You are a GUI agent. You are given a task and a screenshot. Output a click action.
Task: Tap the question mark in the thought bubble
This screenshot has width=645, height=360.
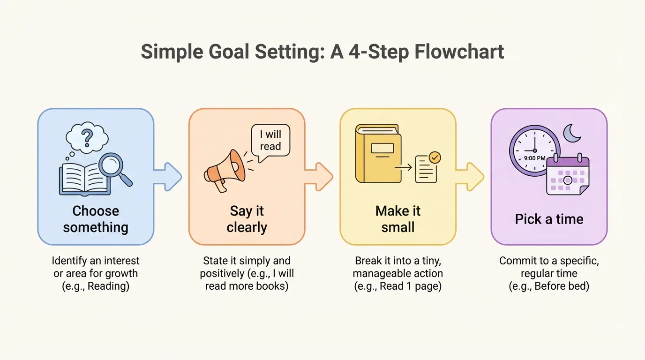coord(87,137)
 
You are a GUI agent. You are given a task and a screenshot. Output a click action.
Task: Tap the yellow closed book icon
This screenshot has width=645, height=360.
coord(378,155)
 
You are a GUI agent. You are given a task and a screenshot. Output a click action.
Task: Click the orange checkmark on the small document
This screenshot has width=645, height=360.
coord(435,158)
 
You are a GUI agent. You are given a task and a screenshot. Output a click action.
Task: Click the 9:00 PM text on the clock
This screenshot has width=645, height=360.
coord(534,158)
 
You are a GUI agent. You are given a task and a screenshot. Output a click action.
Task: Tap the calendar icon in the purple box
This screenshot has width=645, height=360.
coord(568,176)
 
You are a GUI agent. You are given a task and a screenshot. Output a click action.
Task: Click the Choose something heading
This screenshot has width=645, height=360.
coord(96,219)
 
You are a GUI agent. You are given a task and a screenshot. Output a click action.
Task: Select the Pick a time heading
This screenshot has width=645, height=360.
coord(549,219)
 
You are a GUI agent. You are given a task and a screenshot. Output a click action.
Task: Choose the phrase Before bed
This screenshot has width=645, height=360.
coord(562,285)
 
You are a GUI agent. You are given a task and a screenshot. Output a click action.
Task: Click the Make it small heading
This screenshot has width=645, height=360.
coord(398,219)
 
